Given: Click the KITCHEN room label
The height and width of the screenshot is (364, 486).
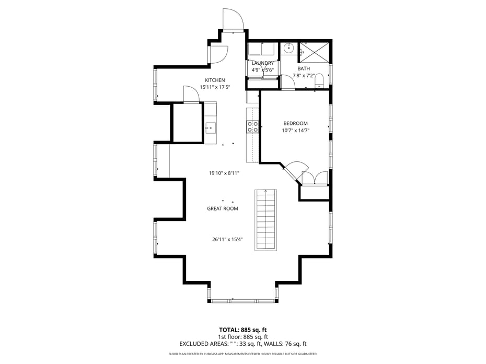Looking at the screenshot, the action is tap(215, 80).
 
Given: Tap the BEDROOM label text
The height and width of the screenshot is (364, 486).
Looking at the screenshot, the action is tap(295, 123).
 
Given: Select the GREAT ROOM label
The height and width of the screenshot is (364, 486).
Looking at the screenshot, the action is tap(223, 209).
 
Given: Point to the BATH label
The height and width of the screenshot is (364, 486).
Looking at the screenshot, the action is tap(304, 69).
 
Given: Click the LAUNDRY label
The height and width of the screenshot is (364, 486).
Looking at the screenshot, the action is tap(262, 63).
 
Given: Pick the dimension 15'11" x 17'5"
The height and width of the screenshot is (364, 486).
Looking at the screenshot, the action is tap(215, 87).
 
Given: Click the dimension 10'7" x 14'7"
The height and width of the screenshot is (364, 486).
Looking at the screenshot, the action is tap(296, 131).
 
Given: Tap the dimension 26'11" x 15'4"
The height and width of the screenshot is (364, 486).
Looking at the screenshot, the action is tap(227, 240).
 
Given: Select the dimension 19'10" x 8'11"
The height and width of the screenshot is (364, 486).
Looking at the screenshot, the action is tap(224, 173).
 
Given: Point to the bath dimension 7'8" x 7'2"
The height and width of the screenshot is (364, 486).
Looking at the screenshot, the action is tap(304, 76).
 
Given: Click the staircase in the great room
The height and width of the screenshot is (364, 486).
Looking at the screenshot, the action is tap(266, 220).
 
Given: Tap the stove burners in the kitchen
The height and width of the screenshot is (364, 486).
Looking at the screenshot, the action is tap(252, 127).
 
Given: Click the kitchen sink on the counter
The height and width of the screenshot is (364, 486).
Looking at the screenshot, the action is tap(210, 127).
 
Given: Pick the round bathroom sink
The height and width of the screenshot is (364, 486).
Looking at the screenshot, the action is tap(289, 48).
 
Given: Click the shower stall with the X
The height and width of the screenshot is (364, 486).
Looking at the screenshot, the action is tap(314, 52).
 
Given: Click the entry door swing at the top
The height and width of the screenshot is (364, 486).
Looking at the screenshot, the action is tap(233, 19).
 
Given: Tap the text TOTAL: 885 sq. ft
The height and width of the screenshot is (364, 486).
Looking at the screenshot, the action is tap(242, 330).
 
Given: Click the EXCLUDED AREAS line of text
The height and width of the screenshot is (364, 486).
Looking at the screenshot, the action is tap(242, 344).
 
